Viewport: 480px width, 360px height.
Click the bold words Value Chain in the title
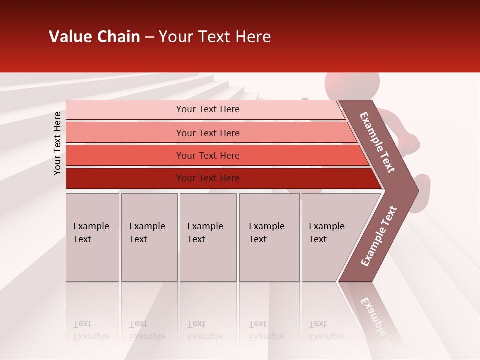coord(94,37)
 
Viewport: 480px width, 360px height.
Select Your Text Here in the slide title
coord(215,37)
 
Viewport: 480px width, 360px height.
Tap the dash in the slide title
coord(149,37)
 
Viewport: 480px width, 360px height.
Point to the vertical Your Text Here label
coord(57,143)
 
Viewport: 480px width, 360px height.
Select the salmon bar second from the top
coord(208,133)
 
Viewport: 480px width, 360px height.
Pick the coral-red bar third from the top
coord(208,155)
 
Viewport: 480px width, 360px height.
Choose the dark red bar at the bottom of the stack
coord(208,178)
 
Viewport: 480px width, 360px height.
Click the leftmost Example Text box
coord(92,237)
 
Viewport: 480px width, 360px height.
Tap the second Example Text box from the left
coord(149,237)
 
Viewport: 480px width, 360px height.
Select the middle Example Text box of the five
coord(208,237)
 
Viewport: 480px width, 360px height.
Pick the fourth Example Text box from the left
coord(270,237)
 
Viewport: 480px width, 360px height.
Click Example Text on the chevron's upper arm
coord(377,143)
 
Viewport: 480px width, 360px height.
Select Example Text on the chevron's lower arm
coord(379,236)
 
